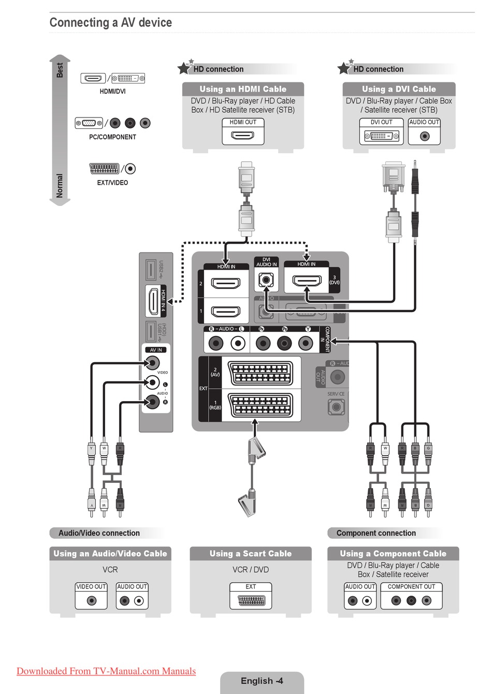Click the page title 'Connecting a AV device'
point(110,23)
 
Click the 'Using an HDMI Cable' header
point(243,89)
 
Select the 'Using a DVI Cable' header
point(399,89)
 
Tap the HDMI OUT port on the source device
point(243,136)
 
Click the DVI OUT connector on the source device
point(381,136)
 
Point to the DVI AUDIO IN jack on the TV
point(266,281)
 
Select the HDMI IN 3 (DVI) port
point(306,281)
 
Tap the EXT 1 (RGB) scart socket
point(261,405)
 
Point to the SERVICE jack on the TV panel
point(336,407)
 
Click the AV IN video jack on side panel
point(152,363)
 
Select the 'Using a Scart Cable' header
point(251,554)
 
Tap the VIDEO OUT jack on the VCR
point(92,601)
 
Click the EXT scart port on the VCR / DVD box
point(251,601)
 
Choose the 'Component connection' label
point(376,533)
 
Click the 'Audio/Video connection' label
point(99,533)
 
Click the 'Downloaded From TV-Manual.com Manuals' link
point(106,671)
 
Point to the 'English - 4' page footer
point(262,681)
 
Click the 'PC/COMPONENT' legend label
point(112,137)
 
